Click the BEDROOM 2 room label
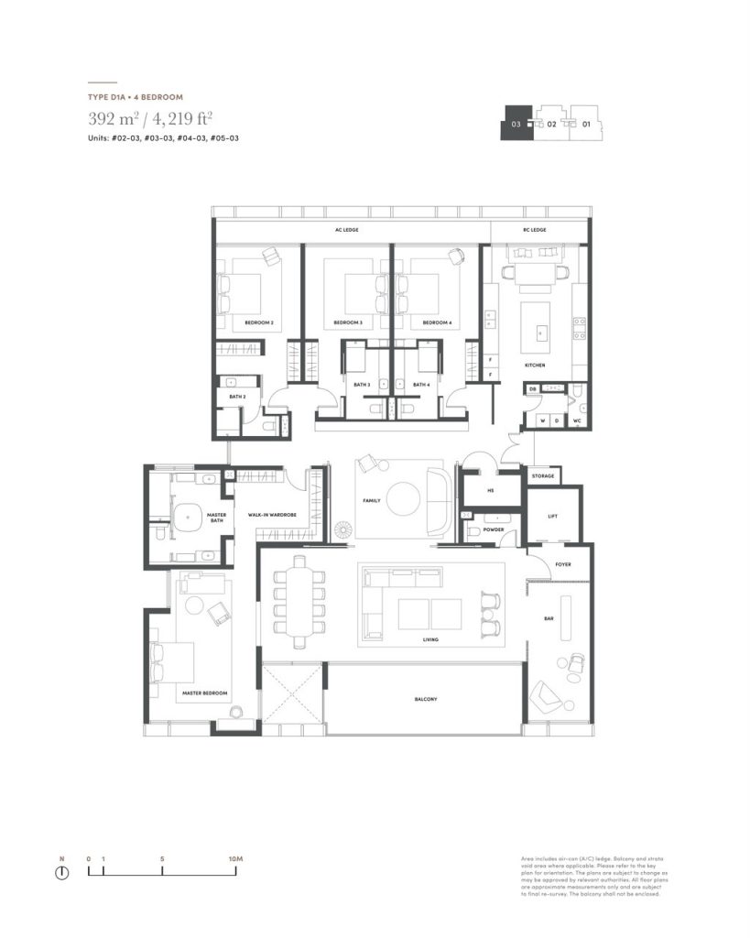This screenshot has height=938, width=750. [259, 323]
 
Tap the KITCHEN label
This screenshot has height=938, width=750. [535, 365]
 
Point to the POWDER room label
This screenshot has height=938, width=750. [494, 529]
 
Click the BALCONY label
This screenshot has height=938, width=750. [425, 699]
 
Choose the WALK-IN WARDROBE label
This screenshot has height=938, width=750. [271, 516]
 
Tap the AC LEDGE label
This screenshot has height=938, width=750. [346, 230]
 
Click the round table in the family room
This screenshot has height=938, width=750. [404, 500]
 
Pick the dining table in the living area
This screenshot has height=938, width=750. [299, 605]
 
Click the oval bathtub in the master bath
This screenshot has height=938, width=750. [188, 518]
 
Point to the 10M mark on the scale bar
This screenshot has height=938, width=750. [235, 858]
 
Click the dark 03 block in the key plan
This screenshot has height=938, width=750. [516, 123]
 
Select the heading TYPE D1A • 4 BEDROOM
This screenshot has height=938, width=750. [136, 96]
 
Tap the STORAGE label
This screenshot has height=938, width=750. [542, 476]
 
